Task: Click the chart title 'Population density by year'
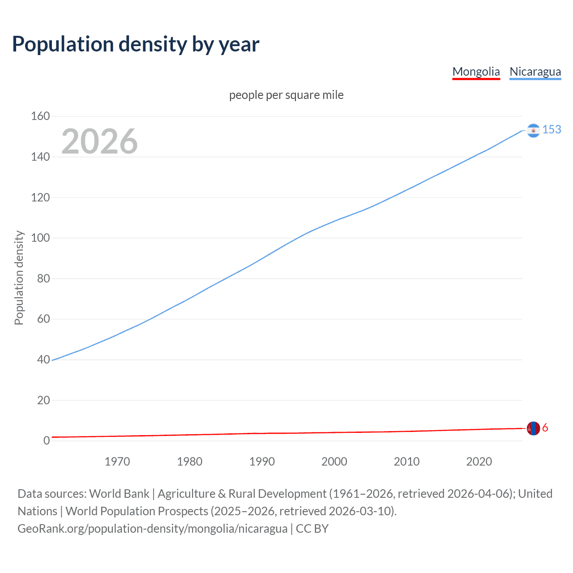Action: (136, 44)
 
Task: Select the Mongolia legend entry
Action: (476, 72)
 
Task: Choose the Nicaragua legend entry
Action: (535, 72)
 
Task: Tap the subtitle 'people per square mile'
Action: (286, 95)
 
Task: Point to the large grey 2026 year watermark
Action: (99, 141)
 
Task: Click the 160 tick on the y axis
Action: (40, 116)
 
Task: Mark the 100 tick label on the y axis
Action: (40, 238)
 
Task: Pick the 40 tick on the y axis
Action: (43, 359)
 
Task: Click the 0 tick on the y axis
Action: (47, 440)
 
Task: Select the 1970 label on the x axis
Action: (117, 462)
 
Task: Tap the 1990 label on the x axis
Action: (262, 462)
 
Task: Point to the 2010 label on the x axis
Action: (406, 462)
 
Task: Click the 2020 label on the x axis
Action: (479, 462)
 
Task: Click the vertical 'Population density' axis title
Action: (19, 278)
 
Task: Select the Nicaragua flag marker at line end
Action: (533, 130)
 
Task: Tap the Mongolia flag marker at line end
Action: (533, 428)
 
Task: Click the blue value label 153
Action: (552, 129)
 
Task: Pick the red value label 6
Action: (545, 428)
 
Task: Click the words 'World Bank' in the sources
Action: (119, 494)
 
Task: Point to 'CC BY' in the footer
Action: (312, 529)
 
